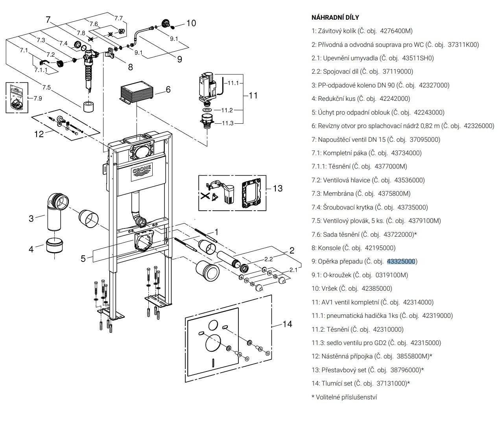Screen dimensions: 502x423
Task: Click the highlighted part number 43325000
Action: pyautogui.click(x=401, y=261)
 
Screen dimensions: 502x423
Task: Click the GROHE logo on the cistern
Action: pyautogui.click(x=142, y=171)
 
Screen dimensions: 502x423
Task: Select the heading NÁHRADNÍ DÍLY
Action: pyautogui.click(x=335, y=17)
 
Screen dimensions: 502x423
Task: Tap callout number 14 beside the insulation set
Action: pyautogui.click(x=287, y=324)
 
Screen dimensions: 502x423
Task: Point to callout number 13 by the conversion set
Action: pyautogui.click(x=278, y=188)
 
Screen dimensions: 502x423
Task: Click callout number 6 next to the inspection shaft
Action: pyautogui.click(x=168, y=89)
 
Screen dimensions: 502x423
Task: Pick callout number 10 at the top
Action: pyautogui.click(x=191, y=23)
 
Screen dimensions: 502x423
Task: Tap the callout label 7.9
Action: pyautogui.click(x=38, y=98)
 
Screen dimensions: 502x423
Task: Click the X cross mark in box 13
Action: pyautogui.click(x=205, y=196)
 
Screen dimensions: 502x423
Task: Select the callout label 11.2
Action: pyautogui.click(x=227, y=110)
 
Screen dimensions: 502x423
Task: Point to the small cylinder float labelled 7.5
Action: pyautogui.click(x=88, y=107)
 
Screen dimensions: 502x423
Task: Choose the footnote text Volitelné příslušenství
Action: pyautogui.click(x=346, y=397)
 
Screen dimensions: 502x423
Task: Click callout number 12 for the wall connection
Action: pyautogui.click(x=39, y=134)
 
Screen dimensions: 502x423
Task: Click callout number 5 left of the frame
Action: pyautogui.click(x=83, y=259)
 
